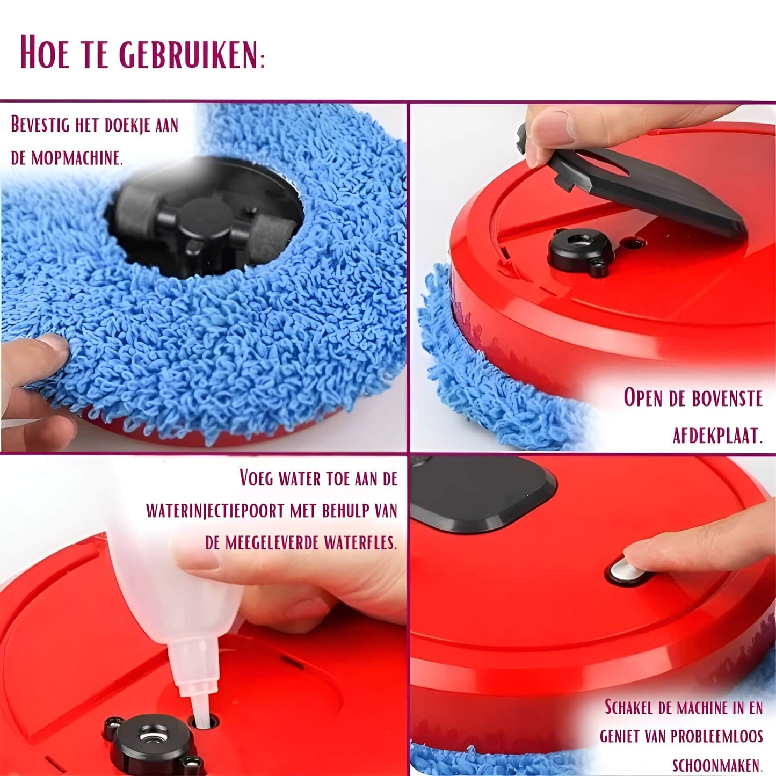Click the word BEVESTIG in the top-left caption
pos(40,125)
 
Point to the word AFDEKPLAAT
pos(717,435)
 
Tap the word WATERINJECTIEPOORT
pos(215,510)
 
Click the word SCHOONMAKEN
pos(717,765)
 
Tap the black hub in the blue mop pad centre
pos(207,226)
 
